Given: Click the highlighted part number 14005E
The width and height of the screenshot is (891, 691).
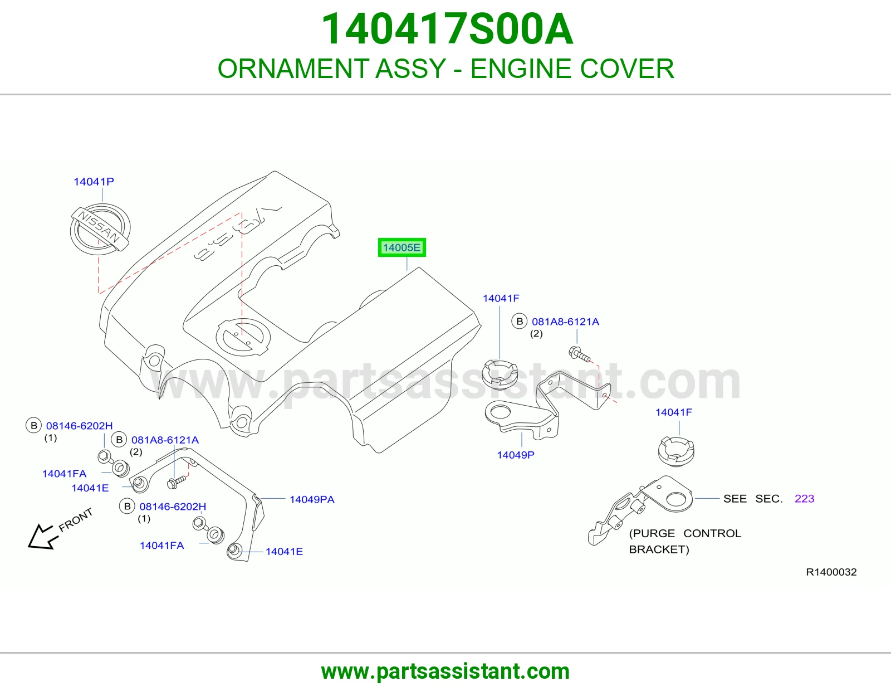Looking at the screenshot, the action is pos(402,247).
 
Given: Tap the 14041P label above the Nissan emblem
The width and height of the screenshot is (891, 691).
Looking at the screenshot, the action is pos(94,181).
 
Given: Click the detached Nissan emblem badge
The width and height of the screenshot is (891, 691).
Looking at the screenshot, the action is pos(100,228).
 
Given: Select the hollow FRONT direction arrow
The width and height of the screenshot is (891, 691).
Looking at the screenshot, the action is pos(42,537).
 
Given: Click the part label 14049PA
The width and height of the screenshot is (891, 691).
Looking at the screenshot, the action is pos(312,499).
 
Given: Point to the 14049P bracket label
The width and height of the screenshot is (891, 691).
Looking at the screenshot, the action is pos(516,455).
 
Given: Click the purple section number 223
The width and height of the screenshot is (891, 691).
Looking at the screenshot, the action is pos(804,499).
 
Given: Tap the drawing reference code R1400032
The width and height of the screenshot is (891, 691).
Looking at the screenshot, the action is pos(831,572).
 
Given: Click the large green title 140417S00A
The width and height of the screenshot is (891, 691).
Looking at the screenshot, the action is pos(447,29).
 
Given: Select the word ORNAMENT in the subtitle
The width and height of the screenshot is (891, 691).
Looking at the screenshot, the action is pos(293,69).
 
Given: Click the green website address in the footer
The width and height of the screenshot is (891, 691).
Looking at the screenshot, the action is pos(445,671).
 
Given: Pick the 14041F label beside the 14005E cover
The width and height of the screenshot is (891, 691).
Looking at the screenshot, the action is pos(501,298).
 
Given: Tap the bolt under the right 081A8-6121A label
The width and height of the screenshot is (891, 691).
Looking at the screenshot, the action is pos(579,354).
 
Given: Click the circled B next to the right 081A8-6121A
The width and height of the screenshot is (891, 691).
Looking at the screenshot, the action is pos(520,322).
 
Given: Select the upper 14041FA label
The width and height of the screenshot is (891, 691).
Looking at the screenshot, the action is pos(65,474).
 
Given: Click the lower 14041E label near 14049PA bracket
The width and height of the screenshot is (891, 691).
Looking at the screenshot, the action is pos(284,552).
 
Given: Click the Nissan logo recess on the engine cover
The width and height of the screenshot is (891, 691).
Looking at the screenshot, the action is pos(243,337).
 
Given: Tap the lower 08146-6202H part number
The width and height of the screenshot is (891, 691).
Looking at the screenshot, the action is pos(173,507).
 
